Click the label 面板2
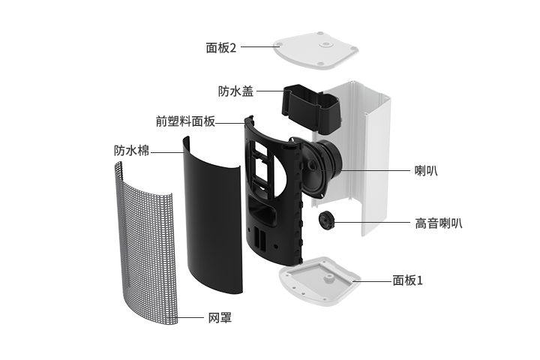(x=221, y=47)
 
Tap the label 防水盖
(x=236, y=91)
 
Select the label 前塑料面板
(x=185, y=121)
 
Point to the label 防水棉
(x=131, y=151)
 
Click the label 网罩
(x=220, y=317)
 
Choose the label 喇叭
(x=426, y=170)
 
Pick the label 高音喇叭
(x=439, y=223)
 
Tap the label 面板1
(x=407, y=280)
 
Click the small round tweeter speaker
(x=326, y=220)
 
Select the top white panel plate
(x=316, y=50)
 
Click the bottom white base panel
(x=320, y=281)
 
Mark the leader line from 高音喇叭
(x=372, y=222)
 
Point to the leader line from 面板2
(x=260, y=46)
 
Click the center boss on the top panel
(x=325, y=44)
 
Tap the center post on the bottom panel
(x=328, y=277)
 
